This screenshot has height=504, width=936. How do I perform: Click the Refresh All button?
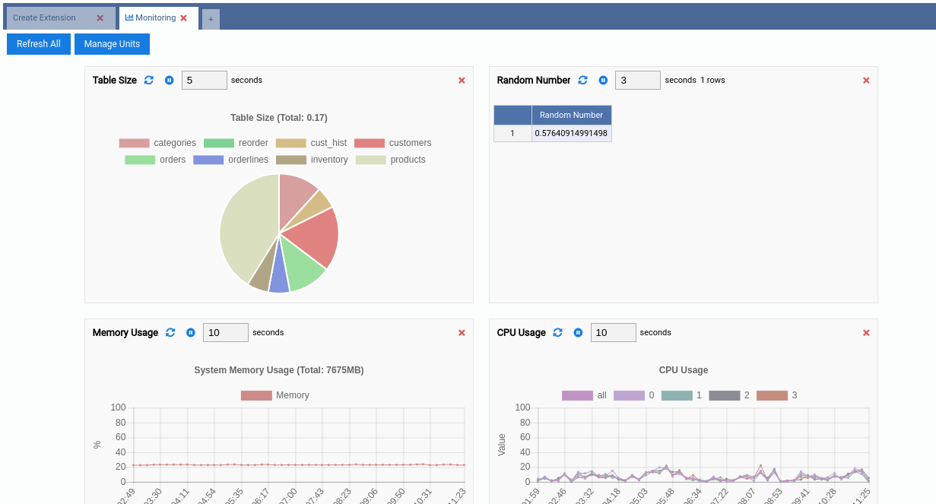tap(39, 44)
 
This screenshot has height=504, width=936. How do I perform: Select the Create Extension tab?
tap(45, 17)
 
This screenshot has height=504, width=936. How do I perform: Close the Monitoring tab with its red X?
tap(183, 18)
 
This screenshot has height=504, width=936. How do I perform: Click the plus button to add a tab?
tap(211, 19)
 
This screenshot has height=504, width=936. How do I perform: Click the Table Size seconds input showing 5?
tap(204, 80)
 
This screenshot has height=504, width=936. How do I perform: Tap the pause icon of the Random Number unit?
tap(603, 80)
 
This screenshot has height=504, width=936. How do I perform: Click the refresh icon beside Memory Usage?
tap(170, 332)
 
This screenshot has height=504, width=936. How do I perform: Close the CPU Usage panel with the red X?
tap(866, 333)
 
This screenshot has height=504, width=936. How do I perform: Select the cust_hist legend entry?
tap(311, 143)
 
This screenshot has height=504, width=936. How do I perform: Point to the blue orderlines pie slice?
tap(279, 280)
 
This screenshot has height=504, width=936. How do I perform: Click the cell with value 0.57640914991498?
tap(571, 133)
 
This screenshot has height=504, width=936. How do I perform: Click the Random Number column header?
tap(571, 115)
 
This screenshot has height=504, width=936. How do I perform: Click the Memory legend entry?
tap(275, 395)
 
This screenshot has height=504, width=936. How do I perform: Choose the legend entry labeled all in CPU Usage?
tap(584, 395)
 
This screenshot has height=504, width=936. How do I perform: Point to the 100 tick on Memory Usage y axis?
tap(118, 407)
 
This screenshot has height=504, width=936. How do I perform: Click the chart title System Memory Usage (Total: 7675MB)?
tap(279, 370)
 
